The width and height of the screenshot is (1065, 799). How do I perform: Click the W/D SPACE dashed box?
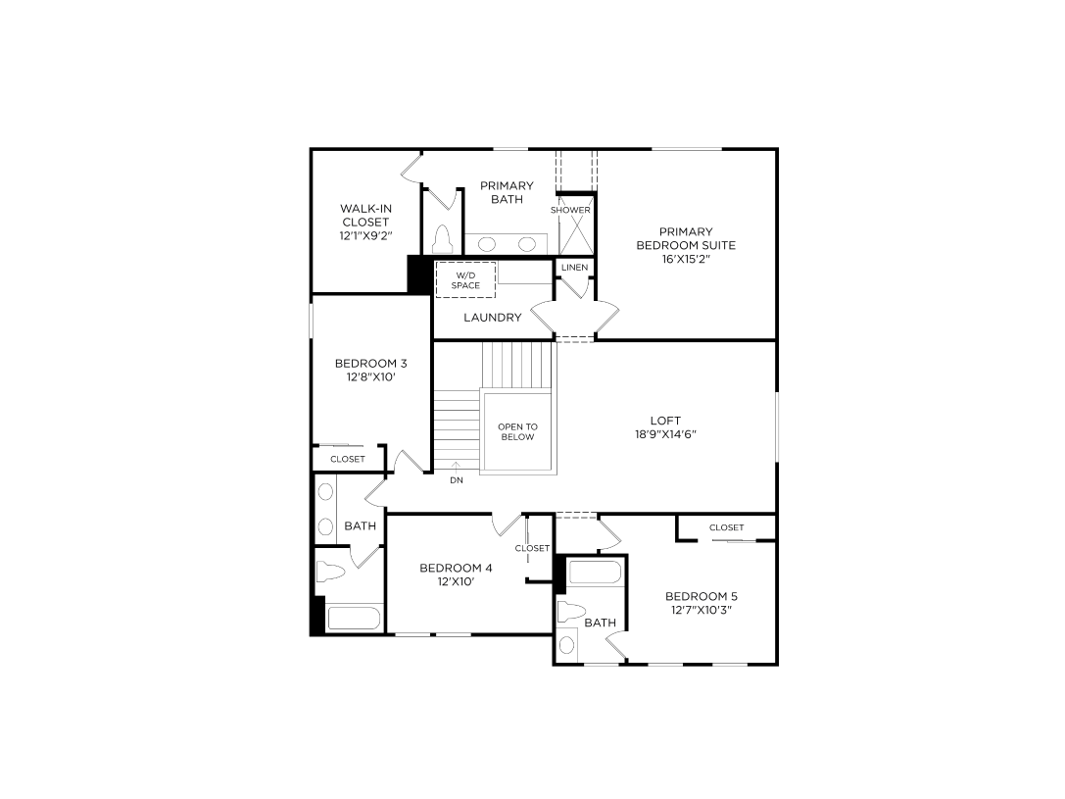point(465,279)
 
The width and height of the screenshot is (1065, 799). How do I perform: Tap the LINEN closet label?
point(574,267)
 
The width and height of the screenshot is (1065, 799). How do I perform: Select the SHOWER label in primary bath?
point(570,210)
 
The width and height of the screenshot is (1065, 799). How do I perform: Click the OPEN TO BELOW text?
point(517,431)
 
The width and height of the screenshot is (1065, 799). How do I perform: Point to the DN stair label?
point(457,480)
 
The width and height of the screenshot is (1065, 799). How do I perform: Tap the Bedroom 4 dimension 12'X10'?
point(456,581)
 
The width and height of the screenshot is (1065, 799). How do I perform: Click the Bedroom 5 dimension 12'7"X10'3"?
point(701,610)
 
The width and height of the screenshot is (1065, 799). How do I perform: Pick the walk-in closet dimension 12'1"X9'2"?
point(365,236)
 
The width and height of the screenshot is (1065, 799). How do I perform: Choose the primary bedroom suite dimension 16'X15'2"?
point(686,260)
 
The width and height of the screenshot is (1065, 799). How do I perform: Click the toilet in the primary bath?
point(441,238)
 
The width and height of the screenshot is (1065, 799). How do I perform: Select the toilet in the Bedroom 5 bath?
point(571,613)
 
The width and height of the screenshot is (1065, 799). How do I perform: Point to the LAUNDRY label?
point(492,318)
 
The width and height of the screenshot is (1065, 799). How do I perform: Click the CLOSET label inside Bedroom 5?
point(726,527)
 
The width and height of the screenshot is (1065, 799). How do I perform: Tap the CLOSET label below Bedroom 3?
point(347,459)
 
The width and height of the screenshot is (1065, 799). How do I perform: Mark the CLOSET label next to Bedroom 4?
point(532,548)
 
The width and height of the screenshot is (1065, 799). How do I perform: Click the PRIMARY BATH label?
point(507,192)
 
